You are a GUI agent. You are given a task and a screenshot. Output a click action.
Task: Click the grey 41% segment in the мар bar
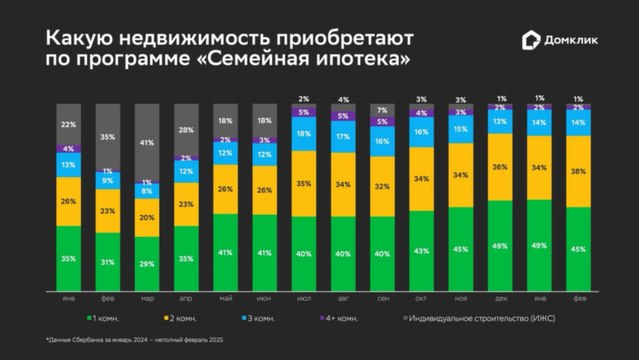[x=147, y=142]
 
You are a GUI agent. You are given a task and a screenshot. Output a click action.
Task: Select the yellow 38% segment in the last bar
[x=578, y=171]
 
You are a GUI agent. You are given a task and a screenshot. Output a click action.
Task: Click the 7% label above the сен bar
[x=382, y=110]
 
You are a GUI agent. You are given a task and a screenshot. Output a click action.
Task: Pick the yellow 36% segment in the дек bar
[x=501, y=166]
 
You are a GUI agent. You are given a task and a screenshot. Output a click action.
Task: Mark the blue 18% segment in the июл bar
[x=304, y=134]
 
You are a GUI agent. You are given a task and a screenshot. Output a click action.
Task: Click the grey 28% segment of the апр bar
[x=187, y=130]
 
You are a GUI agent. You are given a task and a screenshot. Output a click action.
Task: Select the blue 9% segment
[x=108, y=180]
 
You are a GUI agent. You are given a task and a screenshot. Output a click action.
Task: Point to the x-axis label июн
[x=264, y=298]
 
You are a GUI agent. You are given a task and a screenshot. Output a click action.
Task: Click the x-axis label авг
[x=343, y=298]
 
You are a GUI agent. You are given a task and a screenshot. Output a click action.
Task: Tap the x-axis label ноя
[x=461, y=298]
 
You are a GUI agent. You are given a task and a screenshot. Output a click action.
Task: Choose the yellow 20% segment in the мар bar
[x=147, y=217]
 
